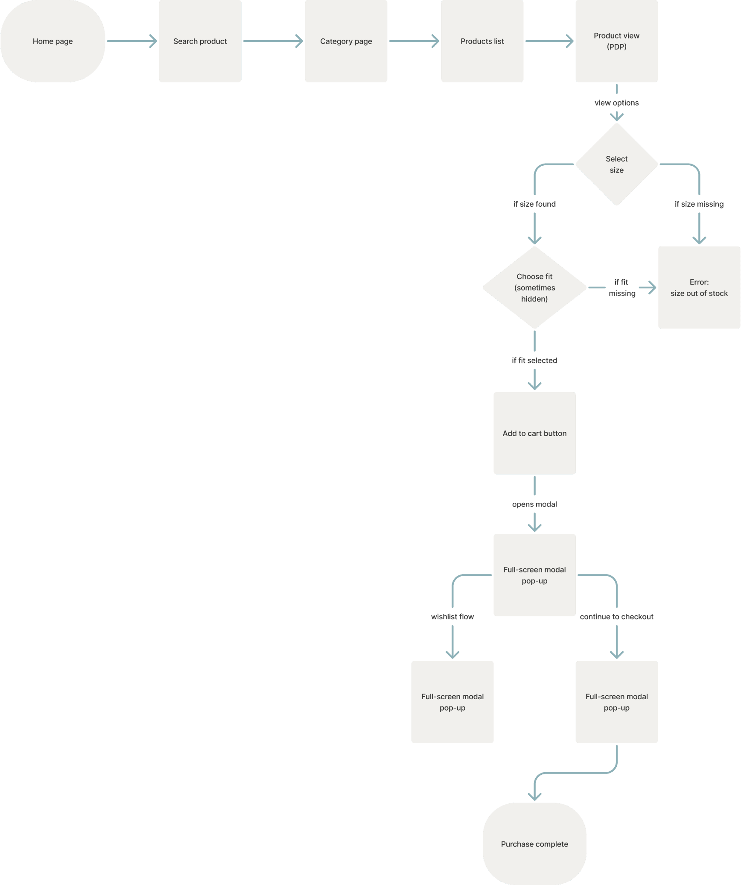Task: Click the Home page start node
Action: tap(53, 41)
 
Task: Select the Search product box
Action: tap(200, 41)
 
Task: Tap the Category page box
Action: tap(346, 41)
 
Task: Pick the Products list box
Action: tap(482, 41)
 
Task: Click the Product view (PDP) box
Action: tap(616, 41)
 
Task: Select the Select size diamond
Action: tap(616, 164)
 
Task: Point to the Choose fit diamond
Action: tap(534, 287)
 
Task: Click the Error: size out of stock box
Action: tap(699, 287)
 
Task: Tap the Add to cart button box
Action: tap(534, 433)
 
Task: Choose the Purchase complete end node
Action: tap(534, 844)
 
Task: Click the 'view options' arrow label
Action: tap(616, 103)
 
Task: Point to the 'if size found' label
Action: tap(534, 204)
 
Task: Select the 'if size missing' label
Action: tap(699, 204)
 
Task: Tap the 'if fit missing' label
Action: tap(622, 287)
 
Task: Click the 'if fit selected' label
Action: tap(534, 360)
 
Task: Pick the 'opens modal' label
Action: tap(534, 504)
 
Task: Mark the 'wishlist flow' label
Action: tap(452, 617)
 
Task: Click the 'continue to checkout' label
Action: tap(616, 617)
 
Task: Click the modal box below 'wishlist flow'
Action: tap(452, 702)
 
